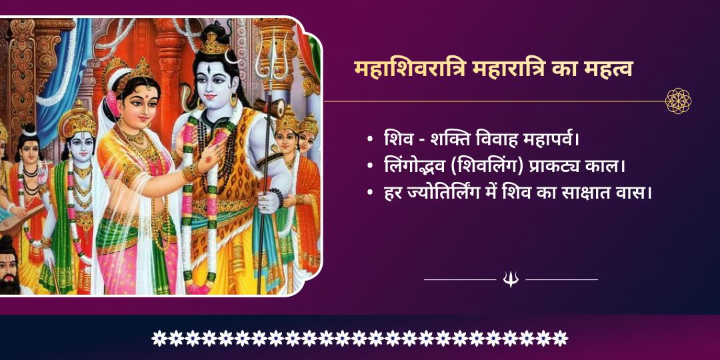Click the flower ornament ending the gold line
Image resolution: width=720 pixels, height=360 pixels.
678,101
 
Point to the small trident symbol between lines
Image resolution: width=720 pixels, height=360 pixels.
511,279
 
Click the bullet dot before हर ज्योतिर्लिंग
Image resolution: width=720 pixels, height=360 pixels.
369,193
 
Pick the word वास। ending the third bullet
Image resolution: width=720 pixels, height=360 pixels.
636,193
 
